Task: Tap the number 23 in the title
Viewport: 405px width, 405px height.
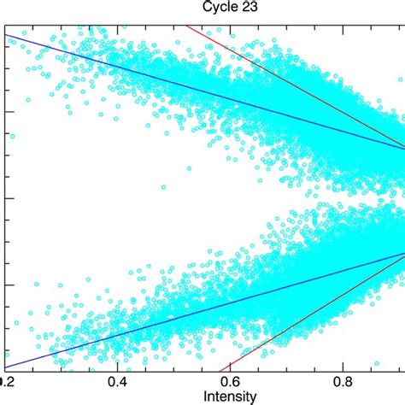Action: [x=222, y=7]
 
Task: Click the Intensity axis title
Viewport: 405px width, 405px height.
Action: [x=232, y=396]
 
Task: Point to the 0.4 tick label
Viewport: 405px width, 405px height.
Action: [x=118, y=382]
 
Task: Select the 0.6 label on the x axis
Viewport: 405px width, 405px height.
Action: [x=231, y=382]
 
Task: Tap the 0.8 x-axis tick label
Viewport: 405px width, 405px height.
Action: [x=343, y=382]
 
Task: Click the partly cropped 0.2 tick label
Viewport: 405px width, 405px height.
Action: [x=7, y=382]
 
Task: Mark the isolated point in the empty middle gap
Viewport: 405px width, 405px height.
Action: [x=160, y=185]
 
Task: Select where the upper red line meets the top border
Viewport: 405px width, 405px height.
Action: [x=185, y=25]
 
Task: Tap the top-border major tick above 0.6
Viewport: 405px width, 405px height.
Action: [x=231, y=27]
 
